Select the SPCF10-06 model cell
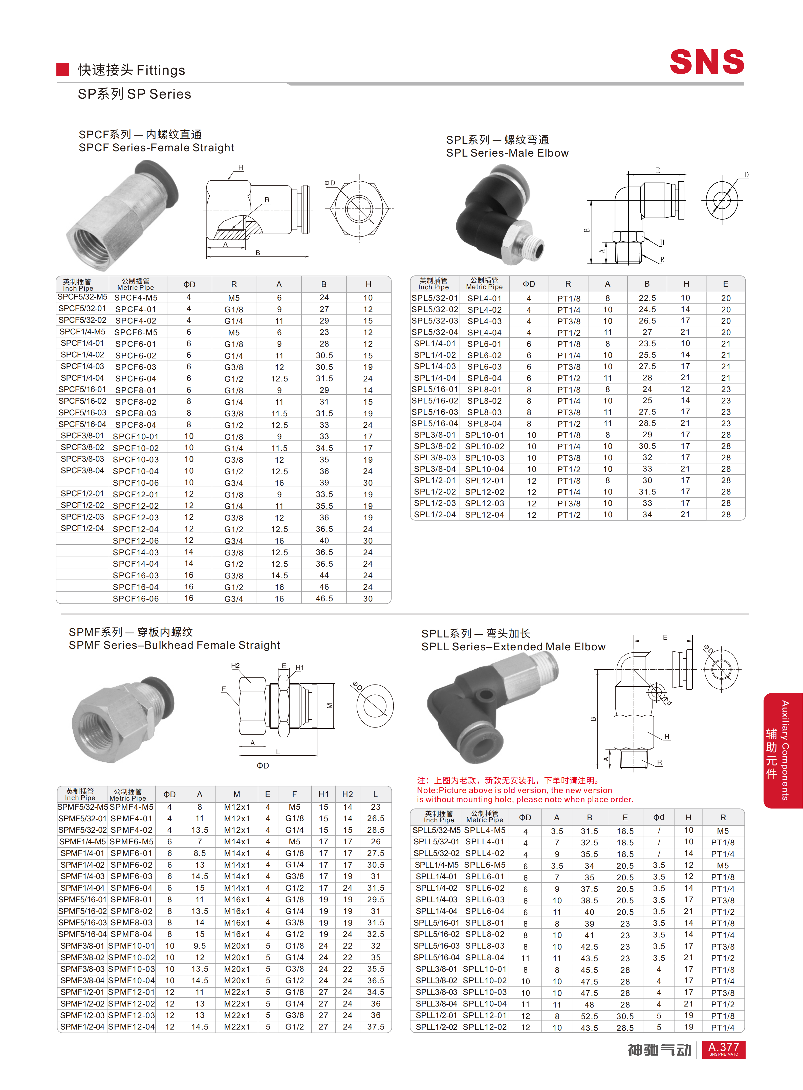136,483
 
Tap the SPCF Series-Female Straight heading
156,148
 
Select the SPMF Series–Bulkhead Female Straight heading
174,645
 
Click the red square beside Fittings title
63,70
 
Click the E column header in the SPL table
725,284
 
